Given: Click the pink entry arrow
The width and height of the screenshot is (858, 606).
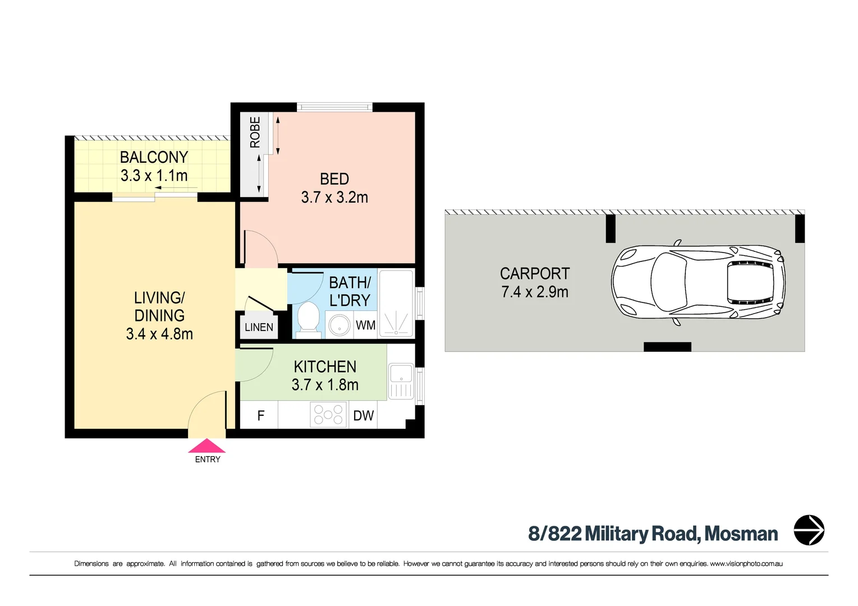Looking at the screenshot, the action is [x=207, y=446].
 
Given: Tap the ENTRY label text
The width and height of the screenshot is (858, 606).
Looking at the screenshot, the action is [x=208, y=460].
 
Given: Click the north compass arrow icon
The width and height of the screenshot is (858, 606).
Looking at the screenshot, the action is [x=809, y=530].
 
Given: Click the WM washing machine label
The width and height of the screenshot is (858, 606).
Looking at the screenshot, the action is [x=365, y=325].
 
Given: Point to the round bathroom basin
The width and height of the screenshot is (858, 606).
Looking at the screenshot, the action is [x=339, y=325].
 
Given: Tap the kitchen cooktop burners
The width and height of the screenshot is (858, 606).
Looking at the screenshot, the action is [x=328, y=415].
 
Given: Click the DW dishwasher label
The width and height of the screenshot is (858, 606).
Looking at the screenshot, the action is [x=363, y=415].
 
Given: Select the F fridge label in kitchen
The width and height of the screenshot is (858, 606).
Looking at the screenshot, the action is [x=261, y=415].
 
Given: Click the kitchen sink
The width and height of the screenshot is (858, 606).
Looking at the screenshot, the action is [x=401, y=382].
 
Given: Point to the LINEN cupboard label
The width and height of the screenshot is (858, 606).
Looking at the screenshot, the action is [x=259, y=327].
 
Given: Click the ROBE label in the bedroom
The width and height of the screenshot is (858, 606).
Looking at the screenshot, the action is [x=255, y=132].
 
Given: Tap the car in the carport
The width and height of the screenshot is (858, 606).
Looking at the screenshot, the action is [x=698, y=282].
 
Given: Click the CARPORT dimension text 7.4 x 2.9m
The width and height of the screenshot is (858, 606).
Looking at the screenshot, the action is [x=535, y=292].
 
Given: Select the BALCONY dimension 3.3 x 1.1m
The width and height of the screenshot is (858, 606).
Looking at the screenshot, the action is [x=154, y=176].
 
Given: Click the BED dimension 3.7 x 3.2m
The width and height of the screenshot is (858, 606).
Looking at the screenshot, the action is [x=334, y=198].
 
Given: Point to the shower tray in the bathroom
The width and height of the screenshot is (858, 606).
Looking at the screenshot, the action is [x=396, y=304].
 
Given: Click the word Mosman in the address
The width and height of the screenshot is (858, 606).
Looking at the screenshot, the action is [x=741, y=534].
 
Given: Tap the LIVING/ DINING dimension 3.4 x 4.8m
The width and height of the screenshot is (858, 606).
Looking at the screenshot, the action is [x=159, y=334].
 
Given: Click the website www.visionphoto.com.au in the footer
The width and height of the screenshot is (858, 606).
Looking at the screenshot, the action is [x=746, y=563].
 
